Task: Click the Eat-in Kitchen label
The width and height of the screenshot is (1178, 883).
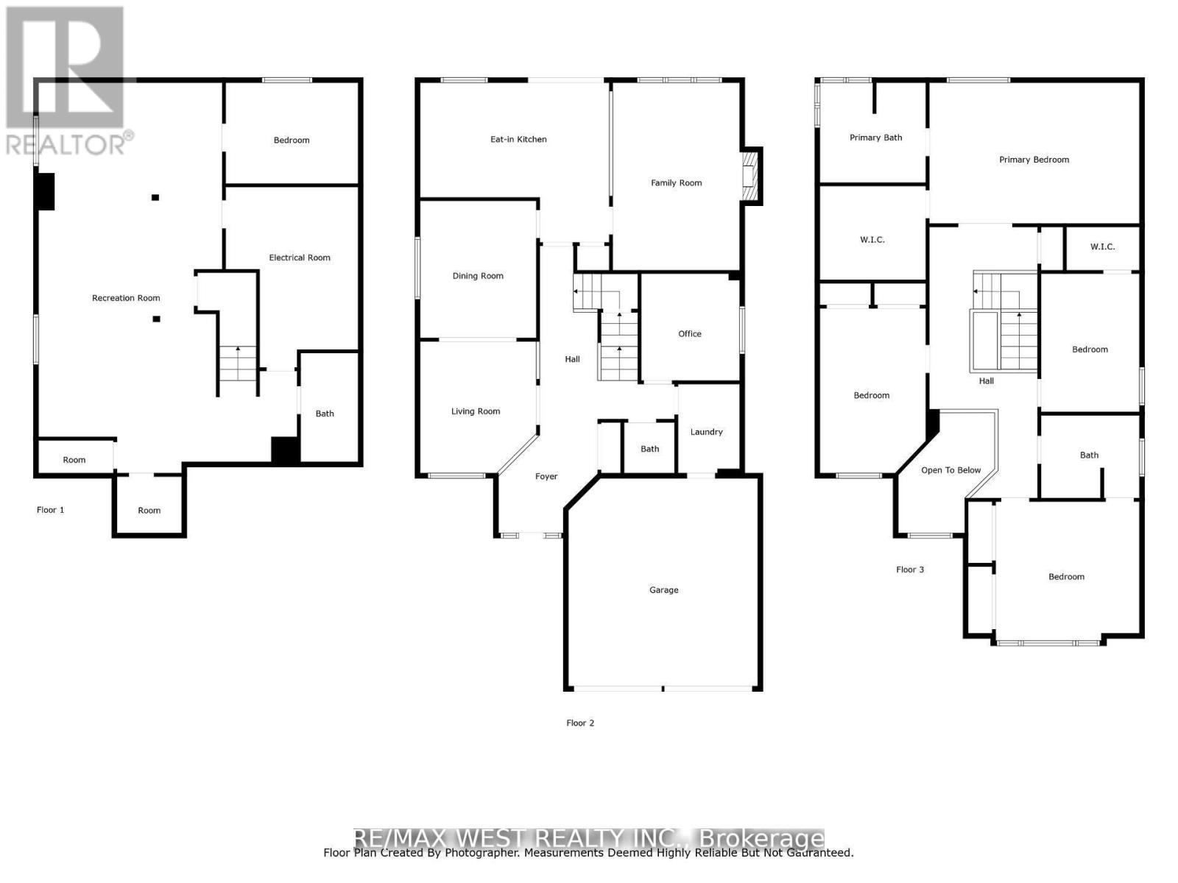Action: [518, 139]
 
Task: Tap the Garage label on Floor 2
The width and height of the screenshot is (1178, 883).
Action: [663, 589]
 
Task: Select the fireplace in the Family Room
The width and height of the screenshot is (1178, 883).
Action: [749, 174]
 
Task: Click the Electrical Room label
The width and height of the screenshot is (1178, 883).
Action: [299, 258]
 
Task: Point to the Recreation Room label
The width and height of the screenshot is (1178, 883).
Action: [126, 298]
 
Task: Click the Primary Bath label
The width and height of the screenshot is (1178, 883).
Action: [875, 138]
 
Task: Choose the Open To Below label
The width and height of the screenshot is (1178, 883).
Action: [950, 470]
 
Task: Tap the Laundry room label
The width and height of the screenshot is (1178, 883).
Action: [706, 432]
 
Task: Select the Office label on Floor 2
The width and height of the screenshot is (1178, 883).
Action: [689, 333]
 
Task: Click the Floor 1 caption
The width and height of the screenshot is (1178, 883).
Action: [51, 510]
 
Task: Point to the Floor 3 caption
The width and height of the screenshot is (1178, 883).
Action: [909, 570]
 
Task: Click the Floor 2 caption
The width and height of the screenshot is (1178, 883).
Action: [580, 723]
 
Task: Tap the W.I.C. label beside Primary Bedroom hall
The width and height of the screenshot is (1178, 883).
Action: [1101, 247]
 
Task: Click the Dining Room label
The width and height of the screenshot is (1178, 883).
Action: [478, 276]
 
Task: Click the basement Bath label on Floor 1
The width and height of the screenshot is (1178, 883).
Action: [325, 414]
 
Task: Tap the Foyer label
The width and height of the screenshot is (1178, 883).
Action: [546, 477]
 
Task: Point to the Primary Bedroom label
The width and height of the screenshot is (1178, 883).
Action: [1034, 160]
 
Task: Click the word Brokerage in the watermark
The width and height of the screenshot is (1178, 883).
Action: [761, 838]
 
